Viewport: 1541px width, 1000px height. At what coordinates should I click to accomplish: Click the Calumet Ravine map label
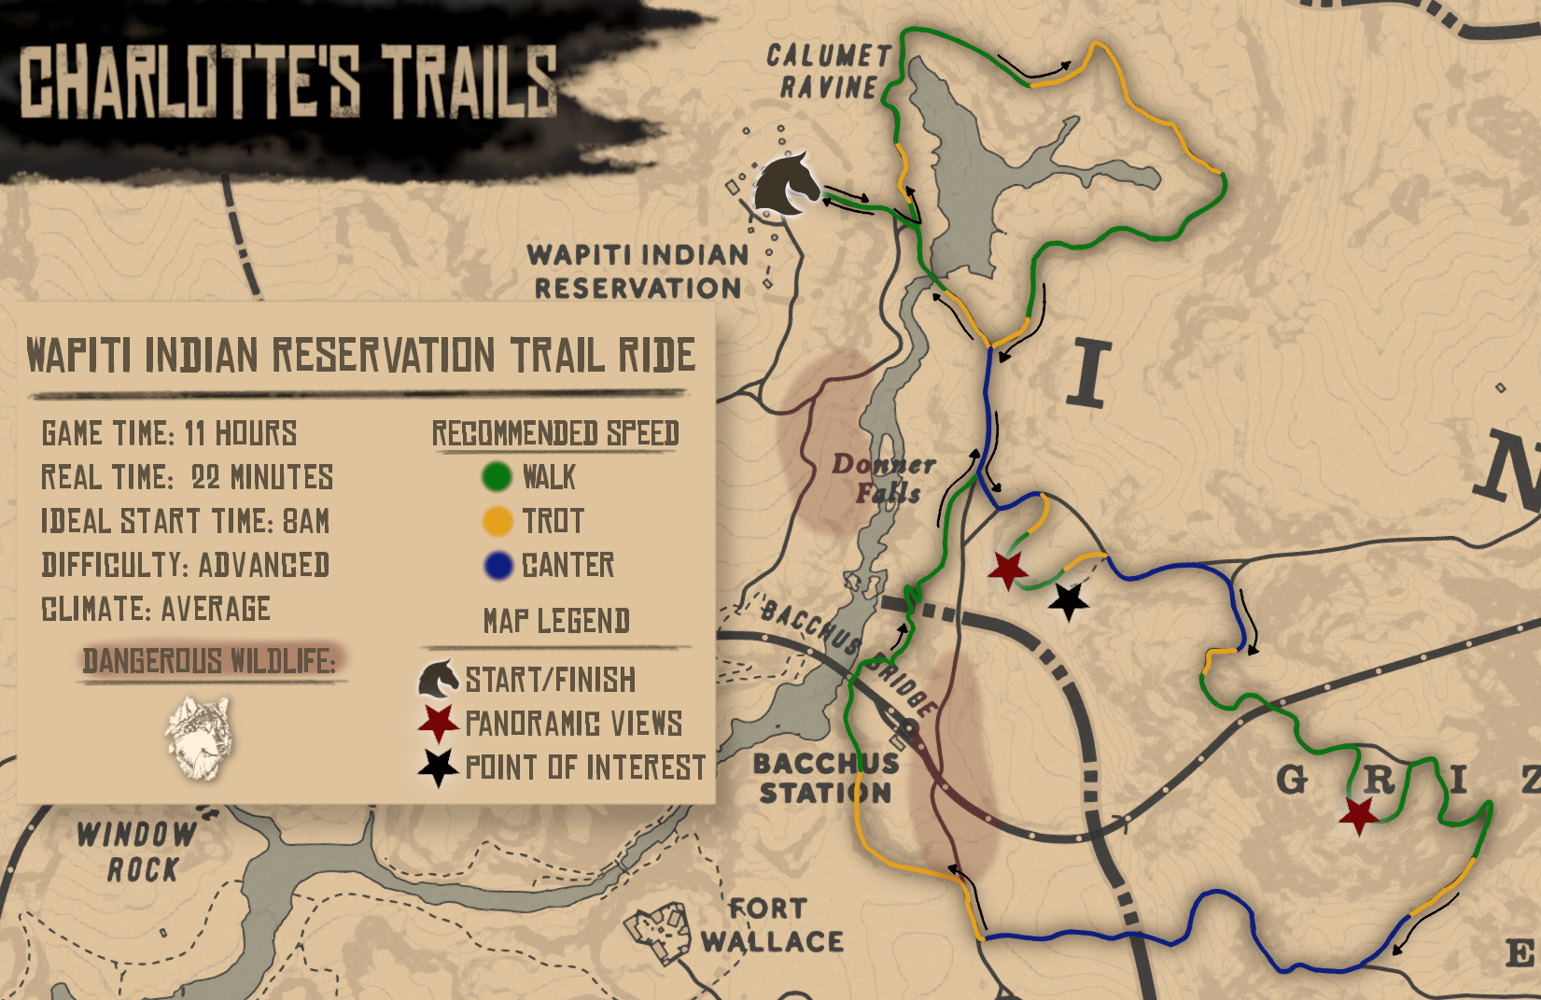tap(828, 71)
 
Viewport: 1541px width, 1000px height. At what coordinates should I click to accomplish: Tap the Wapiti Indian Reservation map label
tap(638, 271)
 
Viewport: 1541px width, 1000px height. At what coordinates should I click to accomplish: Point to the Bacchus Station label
tap(826, 778)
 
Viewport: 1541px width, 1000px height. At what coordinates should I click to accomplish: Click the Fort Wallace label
tap(773, 925)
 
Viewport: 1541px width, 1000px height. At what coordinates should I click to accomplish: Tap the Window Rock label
tap(137, 851)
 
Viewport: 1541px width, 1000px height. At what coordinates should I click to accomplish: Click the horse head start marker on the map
tap(786, 184)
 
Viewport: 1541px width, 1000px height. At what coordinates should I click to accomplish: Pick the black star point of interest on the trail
tap(1069, 601)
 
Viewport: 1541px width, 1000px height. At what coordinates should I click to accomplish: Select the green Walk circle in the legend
tap(497, 477)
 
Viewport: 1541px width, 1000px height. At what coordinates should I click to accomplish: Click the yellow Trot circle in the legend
tap(497, 521)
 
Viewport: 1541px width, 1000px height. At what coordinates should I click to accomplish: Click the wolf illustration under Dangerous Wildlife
tap(199, 737)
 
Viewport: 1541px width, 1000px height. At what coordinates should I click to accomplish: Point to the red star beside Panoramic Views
tap(438, 723)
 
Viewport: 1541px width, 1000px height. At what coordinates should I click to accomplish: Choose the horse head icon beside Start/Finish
tap(438, 679)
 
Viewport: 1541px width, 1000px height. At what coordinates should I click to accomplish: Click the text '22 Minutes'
tap(262, 477)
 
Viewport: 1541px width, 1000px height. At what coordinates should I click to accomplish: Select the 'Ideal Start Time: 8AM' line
tap(185, 521)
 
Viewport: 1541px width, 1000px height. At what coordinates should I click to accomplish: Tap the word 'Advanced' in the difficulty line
tap(263, 565)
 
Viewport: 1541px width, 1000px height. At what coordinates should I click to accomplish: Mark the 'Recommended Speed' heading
tap(555, 433)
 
